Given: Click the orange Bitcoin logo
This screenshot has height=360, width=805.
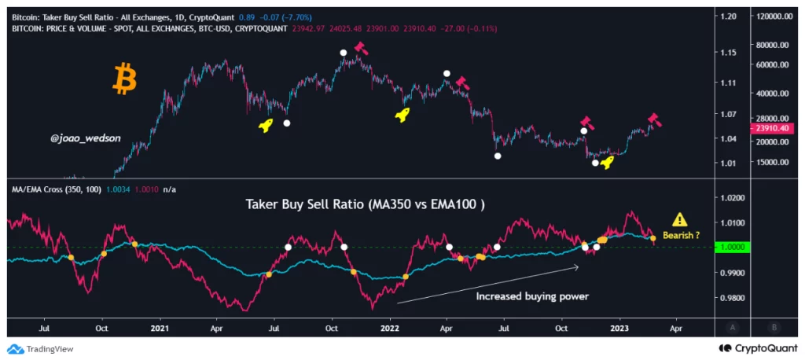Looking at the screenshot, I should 121,79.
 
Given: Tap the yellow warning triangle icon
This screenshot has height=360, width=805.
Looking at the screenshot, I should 678,219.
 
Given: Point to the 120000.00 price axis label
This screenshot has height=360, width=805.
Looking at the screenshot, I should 772,17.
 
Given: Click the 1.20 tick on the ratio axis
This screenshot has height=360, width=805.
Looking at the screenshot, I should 728,17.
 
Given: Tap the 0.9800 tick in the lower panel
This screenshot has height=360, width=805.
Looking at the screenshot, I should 732,299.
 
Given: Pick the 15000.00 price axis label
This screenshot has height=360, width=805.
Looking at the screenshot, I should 770,163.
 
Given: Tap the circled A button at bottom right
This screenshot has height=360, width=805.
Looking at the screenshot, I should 733,327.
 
